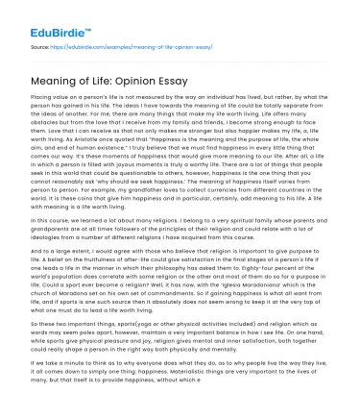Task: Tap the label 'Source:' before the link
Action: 40,45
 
